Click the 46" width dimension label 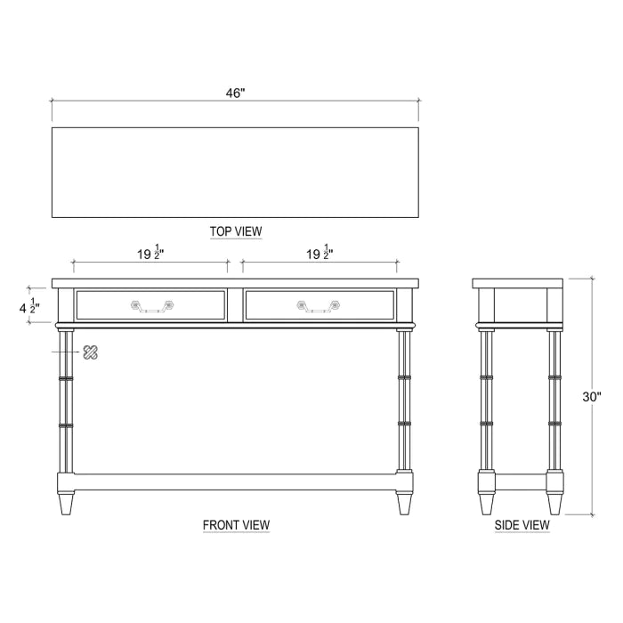point(235,93)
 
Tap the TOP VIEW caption point(236,231)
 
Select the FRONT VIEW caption point(236,525)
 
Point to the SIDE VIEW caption point(522,525)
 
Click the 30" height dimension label point(592,398)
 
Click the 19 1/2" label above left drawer point(150,254)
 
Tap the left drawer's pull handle point(150,305)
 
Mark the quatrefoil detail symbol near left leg point(89,352)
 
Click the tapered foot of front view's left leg point(66,504)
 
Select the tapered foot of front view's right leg point(405,504)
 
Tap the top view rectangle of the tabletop point(235,172)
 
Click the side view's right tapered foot point(554,504)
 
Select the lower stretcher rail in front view point(235,481)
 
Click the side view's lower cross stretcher point(521,481)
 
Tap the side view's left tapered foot point(487,504)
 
